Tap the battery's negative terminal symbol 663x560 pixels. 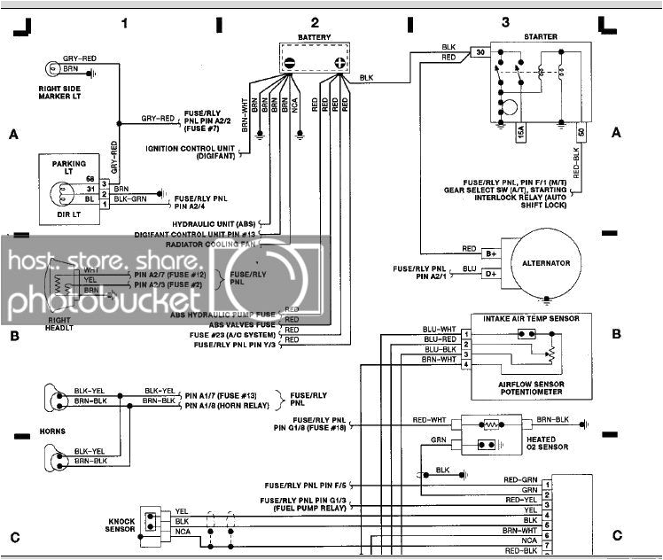point(291,63)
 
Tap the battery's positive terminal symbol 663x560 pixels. point(339,63)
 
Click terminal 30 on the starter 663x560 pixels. point(480,53)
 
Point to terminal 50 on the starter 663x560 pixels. point(581,131)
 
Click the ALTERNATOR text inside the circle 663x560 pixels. point(546,263)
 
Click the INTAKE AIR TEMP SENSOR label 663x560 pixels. point(531,317)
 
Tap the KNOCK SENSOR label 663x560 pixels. point(121,525)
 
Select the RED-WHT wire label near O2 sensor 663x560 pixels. point(428,418)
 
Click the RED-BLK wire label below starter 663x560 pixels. point(575,161)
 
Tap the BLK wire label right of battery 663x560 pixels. point(367,79)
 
